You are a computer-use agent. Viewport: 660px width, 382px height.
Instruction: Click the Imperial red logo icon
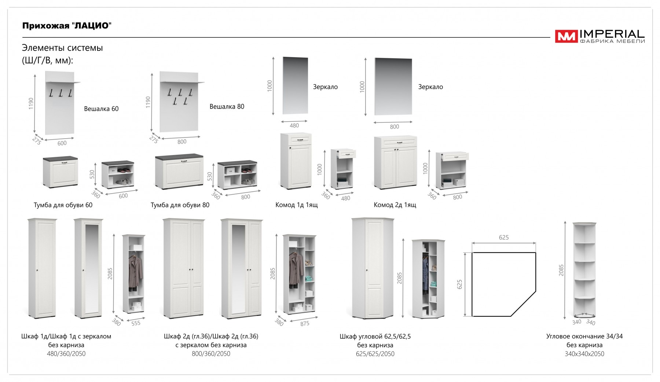[566, 36]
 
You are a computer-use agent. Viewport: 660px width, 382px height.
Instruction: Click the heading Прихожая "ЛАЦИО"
[67, 26]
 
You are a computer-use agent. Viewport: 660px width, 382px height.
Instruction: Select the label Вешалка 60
[101, 109]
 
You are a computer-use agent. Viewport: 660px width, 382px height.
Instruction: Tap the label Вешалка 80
[227, 107]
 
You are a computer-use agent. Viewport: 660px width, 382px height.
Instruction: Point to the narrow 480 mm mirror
[295, 85]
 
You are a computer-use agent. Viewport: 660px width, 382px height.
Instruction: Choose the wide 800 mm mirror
[393, 87]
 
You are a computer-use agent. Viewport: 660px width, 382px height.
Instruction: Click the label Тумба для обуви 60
[63, 205]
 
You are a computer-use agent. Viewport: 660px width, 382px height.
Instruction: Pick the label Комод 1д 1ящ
[296, 205]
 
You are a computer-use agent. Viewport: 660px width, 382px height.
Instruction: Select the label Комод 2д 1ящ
[395, 205]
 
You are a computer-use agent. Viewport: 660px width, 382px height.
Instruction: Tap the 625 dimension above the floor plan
[504, 238]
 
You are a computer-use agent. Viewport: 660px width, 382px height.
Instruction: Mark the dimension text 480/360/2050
[66, 354]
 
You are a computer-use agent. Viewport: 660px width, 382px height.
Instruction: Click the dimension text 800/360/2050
[211, 354]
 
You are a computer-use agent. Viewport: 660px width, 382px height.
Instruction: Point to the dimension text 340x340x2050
[584, 354]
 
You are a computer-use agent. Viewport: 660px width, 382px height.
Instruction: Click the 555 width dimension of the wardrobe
[136, 323]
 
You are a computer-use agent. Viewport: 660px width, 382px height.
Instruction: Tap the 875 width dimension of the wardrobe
[305, 324]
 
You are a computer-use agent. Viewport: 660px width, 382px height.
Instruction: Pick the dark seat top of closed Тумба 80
[179, 157]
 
